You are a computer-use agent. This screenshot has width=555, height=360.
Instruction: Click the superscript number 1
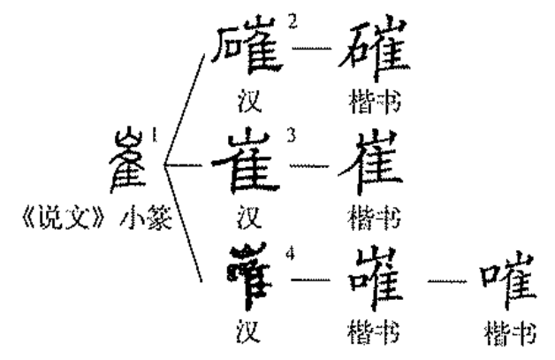(x=154, y=135)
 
